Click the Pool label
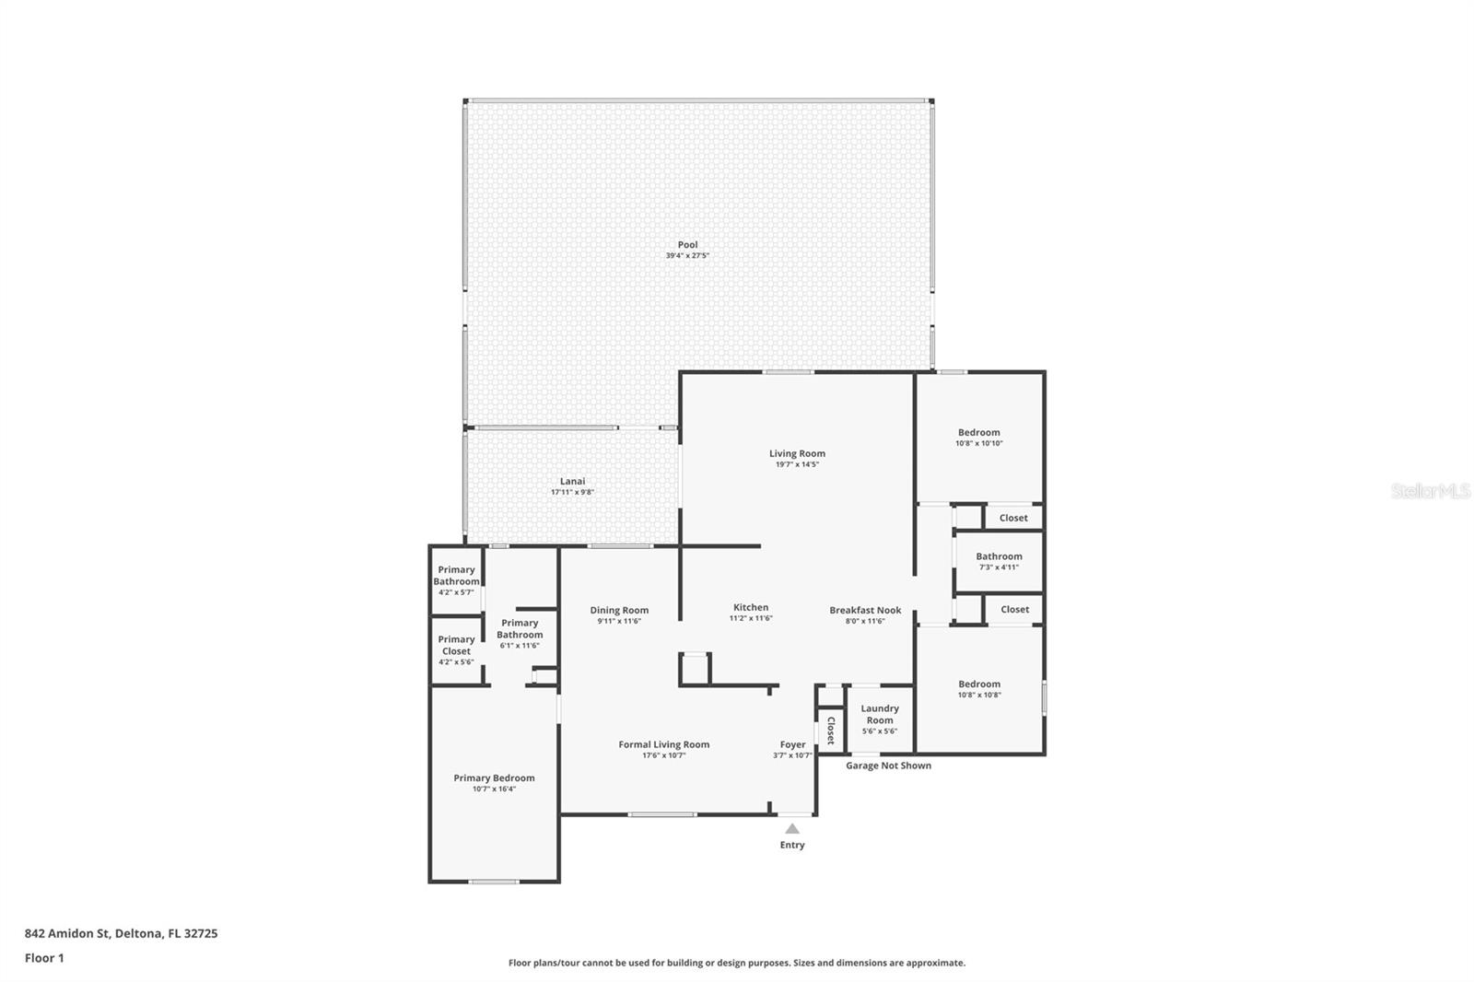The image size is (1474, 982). [x=687, y=245]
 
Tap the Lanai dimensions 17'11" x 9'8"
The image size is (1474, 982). [x=572, y=492]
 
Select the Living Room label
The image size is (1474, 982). [x=797, y=453]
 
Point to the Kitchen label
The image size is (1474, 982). [x=751, y=607]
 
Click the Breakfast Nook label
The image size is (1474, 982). [x=865, y=610]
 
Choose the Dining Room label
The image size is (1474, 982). [x=619, y=610]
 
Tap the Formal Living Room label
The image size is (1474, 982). [x=664, y=744]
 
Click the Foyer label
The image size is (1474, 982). [x=792, y=744]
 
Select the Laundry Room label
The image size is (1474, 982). [x=880, y=714]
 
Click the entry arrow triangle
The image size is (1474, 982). [x=792, y=829]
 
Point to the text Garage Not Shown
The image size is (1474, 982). [x=888, y=766]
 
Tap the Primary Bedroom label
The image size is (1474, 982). [x=494, y=778]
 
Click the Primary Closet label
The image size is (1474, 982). [x=456, y=645]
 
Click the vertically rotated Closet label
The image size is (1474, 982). [x=830, y=731]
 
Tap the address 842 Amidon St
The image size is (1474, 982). [x=66, y=933]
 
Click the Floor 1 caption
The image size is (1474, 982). [x=44, y=958]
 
